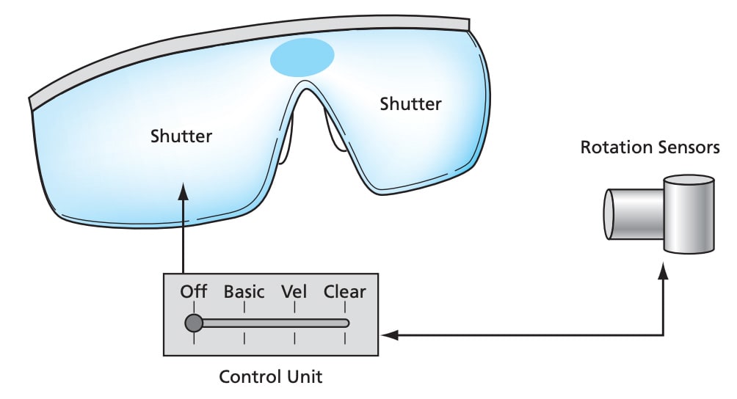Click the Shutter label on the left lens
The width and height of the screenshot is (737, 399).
(x=181, y=136)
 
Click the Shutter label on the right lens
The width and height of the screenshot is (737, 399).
(x=410, y=104)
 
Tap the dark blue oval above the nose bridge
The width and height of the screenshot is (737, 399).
(x=302, y=57)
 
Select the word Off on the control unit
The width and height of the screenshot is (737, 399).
(x=194, y=292)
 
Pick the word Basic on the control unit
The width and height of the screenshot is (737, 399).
(x=244, y=292)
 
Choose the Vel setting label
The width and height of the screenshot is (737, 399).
(x=294, y=292)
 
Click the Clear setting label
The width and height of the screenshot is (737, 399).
(x=344, y=292)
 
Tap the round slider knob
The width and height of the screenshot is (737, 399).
(x=194, y=323)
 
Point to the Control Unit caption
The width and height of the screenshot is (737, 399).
(x=271, y=378)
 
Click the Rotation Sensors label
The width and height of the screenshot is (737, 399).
(x=650, y=147)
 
